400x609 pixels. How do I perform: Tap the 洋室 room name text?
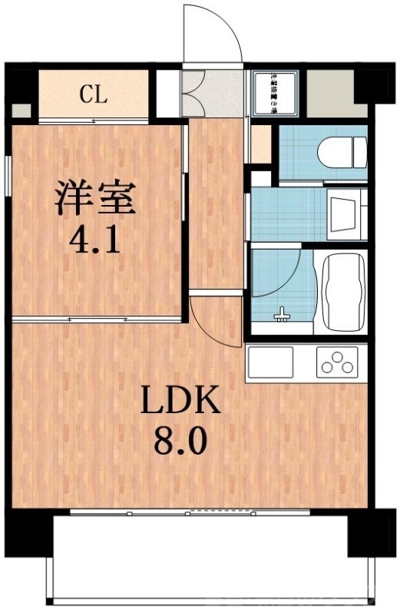pos(94,198)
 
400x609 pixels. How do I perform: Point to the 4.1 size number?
pos(94,240)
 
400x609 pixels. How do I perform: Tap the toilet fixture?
pos(339,151)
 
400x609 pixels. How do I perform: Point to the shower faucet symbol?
pos(283,314)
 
